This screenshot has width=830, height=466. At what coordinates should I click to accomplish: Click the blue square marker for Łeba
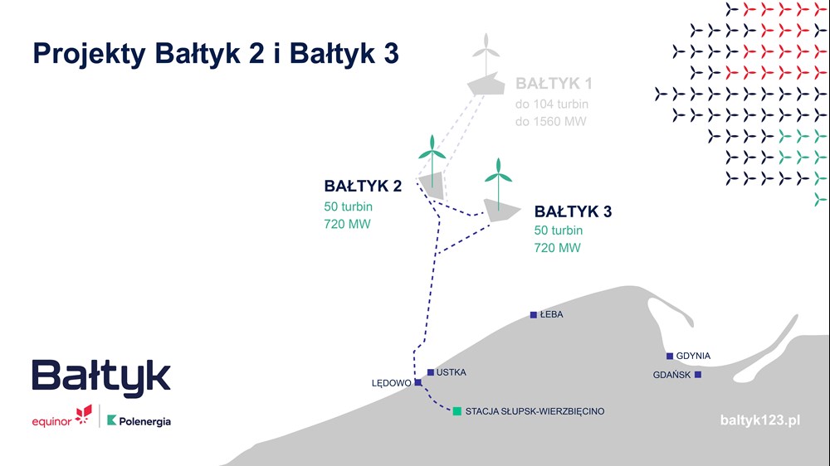(534, 315)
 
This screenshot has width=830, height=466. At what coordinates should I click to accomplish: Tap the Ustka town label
(451, 372)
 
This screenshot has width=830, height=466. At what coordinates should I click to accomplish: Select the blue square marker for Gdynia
(670, 356)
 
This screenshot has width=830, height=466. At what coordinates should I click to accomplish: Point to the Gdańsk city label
(671, 375)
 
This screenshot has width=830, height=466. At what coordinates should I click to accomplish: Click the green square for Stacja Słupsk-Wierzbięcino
(456, 411)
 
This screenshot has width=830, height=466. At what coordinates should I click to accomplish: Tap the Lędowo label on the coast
(391, 383)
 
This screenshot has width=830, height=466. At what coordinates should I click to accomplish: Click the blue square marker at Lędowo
(418, 382)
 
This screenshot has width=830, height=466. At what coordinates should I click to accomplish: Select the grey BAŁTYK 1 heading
(554, 84)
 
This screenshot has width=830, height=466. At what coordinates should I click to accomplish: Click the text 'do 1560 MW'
(550, 122)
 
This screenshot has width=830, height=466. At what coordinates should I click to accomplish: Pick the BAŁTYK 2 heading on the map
(363, 187)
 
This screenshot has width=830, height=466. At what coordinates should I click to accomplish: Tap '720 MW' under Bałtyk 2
(347, 224)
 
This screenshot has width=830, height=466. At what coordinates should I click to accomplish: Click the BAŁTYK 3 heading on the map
(573, 211)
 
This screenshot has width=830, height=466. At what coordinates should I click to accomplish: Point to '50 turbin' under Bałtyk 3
(559, 231)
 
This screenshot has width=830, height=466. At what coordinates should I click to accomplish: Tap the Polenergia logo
(139, 421)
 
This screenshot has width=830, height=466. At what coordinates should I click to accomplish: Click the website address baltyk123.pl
(760, 420)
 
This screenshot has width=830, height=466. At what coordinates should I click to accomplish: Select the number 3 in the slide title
(391, 53)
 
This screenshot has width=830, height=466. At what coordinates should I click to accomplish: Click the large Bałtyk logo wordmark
(101, 377)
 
